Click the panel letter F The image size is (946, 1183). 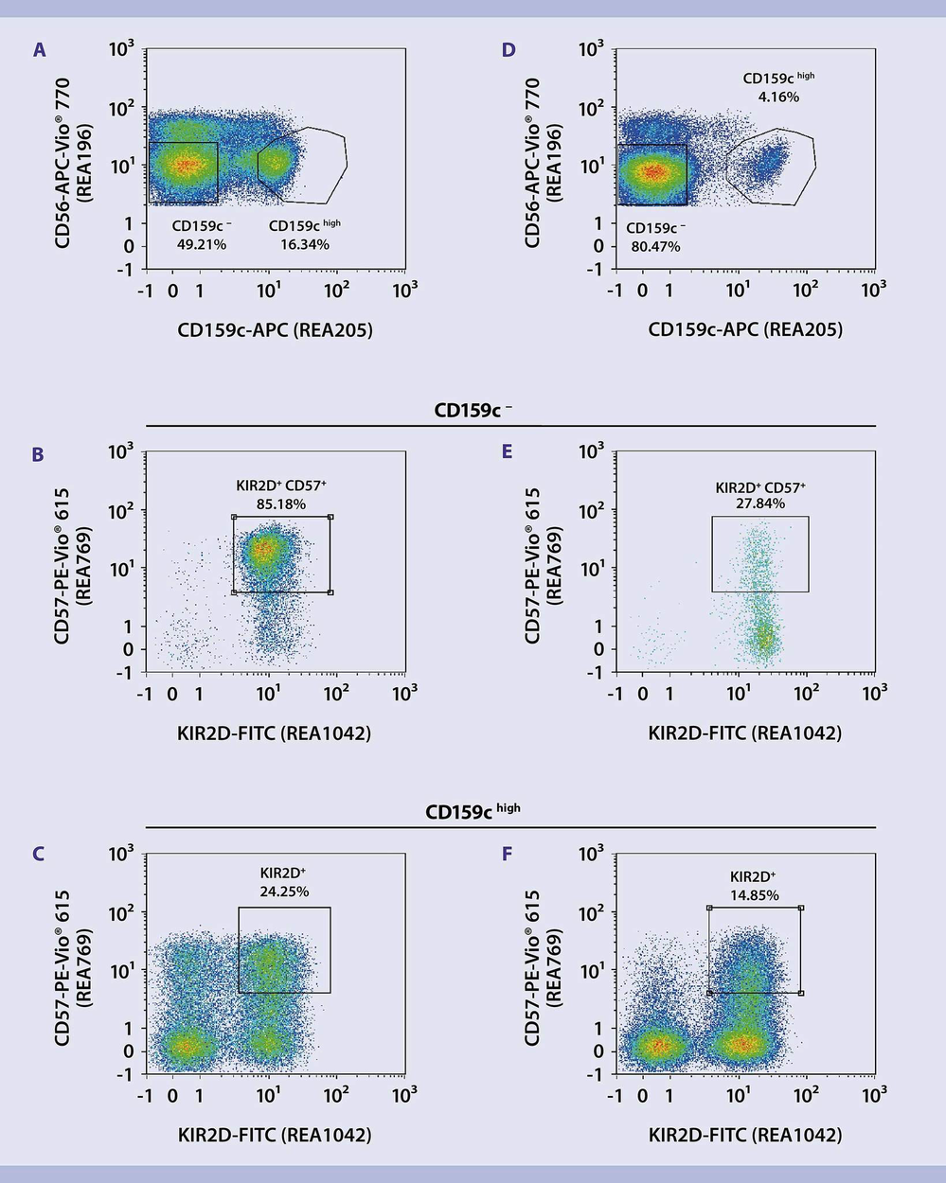[x=508, y=855]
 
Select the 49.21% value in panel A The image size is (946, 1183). [x=202, y=244]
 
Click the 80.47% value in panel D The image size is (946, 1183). [x=655, y=247]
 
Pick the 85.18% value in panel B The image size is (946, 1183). [x=282, y=503]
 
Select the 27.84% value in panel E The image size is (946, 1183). [x=760, y=503]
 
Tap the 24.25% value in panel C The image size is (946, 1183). [x=284, y=891]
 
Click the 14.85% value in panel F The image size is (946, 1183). [x=755, y=894]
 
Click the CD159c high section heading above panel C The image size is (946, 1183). [x=472, y=811]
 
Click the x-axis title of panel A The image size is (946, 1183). [x=275, y=330]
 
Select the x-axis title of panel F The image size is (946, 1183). [x=744, y=1135]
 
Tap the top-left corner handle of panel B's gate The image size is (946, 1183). [x=234, y=517]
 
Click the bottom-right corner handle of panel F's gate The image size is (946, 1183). [x=800, y=993]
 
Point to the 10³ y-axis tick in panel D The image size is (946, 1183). [x=590, y=48]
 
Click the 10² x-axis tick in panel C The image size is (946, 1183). [x=336, y=1095]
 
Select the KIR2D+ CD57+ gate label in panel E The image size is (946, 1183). [x=760, y=487]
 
